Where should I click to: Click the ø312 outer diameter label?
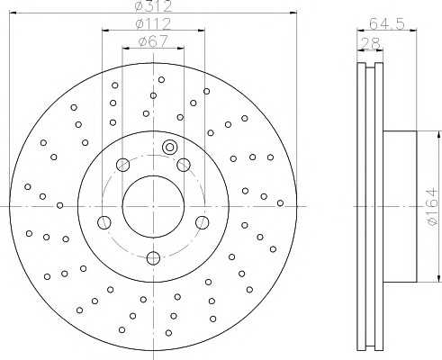150,6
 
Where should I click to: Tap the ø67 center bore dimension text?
150,41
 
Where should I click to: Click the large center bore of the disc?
152,204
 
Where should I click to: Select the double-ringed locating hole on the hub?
169,148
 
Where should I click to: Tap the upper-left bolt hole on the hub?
122,164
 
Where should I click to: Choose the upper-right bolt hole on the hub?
183,164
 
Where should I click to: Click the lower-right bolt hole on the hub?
202,222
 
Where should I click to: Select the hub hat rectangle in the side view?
401,204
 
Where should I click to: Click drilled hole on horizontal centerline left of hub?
59,205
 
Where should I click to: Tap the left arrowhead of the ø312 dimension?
14,13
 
